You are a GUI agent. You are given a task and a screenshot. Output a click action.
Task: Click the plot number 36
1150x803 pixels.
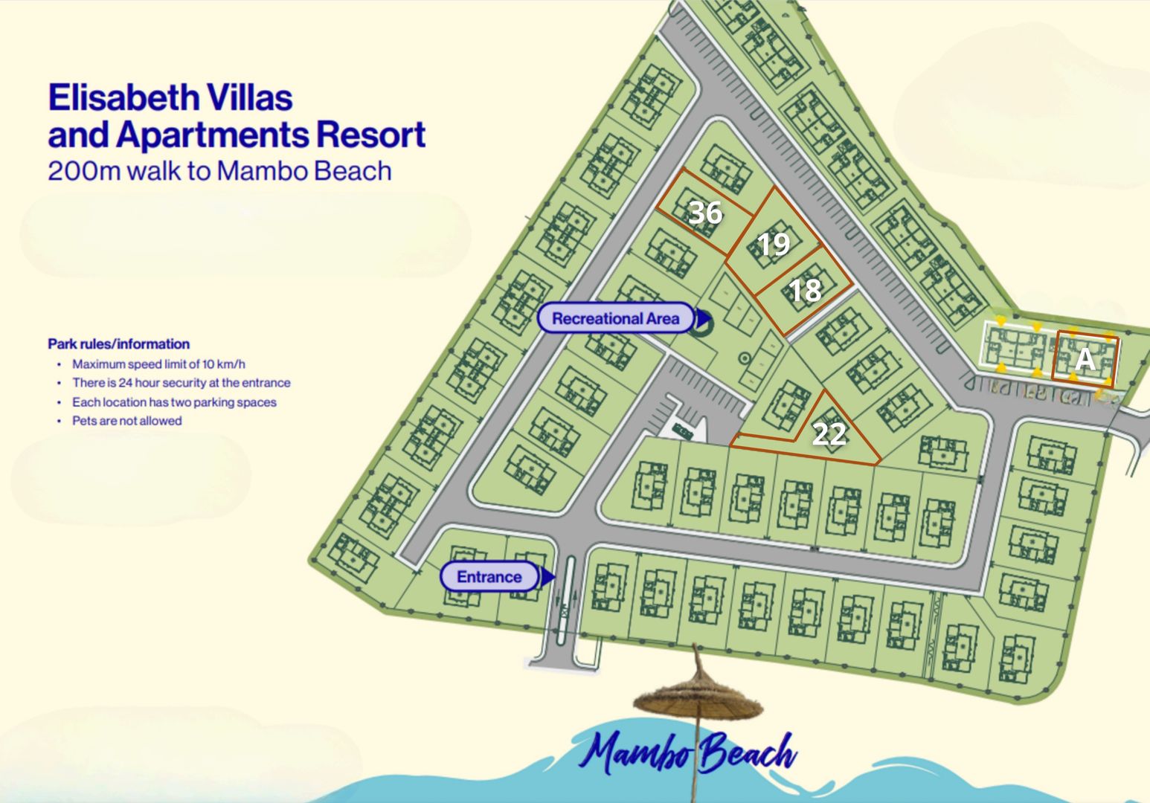point(705,213)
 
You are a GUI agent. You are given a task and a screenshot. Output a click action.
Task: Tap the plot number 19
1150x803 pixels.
point(774,244)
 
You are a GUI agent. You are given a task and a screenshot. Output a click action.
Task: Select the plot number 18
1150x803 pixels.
point(804,290)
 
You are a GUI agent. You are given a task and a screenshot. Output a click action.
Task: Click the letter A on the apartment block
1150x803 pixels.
point(1085,360)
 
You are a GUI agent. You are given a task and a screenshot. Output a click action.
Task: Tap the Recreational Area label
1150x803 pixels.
point(615,319)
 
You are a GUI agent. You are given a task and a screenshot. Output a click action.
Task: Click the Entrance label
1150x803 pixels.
point(489,577)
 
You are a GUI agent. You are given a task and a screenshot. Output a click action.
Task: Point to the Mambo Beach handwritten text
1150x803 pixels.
point(688,752)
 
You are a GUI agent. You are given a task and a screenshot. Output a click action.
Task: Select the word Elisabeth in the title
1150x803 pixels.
point(123,98)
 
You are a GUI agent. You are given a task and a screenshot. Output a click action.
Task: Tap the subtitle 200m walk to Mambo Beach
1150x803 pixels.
point(219,171)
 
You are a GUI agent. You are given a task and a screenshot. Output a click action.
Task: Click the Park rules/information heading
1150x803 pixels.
point(119,344)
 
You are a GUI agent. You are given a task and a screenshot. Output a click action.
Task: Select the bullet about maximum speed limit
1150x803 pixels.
point(158,364)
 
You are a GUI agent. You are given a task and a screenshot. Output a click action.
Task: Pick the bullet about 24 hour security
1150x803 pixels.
point(181,383)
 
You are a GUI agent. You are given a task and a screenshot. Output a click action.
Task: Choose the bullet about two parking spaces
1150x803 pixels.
point(174,402)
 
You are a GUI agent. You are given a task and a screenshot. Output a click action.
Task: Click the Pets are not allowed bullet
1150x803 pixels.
point(126,421)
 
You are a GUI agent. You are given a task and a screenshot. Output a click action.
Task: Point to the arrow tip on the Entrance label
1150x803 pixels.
point(550,577)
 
